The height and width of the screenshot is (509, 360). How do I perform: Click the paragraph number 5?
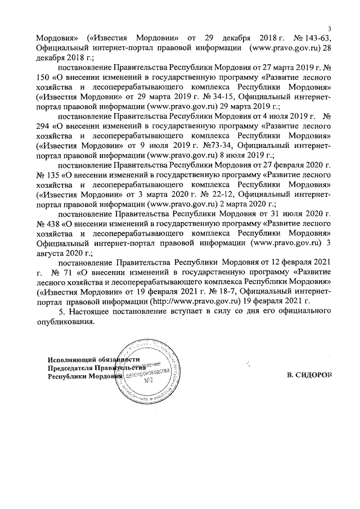point(62,312)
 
